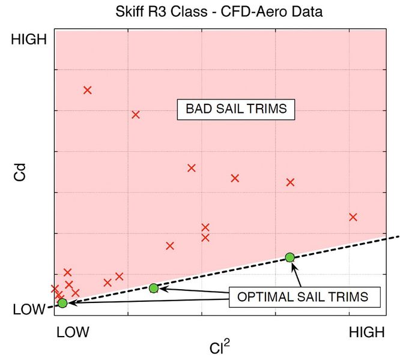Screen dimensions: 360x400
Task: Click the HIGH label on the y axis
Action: (x=29, y=40)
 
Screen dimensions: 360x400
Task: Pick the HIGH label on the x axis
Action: (x=366, y=332)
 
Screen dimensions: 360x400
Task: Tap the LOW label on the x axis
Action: (x=73, y=332)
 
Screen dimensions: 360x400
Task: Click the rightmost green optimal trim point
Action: (x=290, y=257)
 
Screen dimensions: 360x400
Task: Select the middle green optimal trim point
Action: (x=154, y=288)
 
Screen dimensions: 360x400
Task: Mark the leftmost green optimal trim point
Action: (x=62, y=303)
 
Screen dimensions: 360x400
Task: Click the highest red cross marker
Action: (x=87, y=90)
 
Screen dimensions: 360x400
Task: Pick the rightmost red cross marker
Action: (x=353, y=217)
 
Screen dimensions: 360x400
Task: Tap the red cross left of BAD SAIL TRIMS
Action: (x=136, y=115)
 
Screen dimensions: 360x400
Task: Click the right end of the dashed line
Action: (x=397, y=236)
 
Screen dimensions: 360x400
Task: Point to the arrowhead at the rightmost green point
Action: (x=294, y=266)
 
